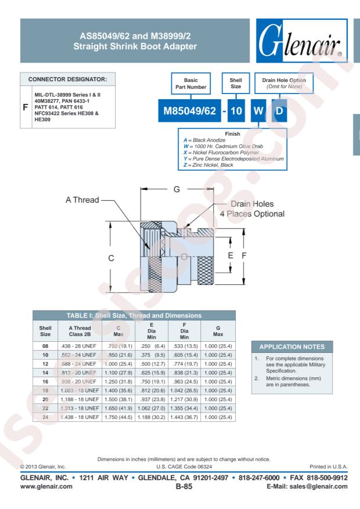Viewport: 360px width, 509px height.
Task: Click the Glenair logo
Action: [301, 41]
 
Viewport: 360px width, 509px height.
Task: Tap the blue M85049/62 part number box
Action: [189, 111]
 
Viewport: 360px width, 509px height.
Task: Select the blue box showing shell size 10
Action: [236, 111]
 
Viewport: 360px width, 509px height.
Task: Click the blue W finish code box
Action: [258, 111]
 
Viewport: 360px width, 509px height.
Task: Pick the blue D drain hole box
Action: [279, 111]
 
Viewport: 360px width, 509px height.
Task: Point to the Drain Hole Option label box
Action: [284, 83]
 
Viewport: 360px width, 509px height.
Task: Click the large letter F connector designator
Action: [26, 107]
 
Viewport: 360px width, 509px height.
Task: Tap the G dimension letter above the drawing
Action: [177, 189]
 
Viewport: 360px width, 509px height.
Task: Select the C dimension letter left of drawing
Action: [111, 258]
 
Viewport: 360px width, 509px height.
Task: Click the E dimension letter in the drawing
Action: [231, 255]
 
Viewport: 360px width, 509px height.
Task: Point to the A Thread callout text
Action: [82, 200]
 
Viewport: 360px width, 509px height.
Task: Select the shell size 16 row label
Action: [45, 381]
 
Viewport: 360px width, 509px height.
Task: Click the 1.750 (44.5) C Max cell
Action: [118, 417]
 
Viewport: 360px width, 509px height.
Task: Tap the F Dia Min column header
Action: [185, 331]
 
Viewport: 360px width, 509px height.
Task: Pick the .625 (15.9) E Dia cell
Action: [152, 373]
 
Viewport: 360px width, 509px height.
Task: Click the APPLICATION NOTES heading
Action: [292, 346]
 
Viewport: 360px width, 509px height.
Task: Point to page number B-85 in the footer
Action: [183, 486]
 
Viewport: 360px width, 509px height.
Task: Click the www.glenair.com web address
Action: [46, 486]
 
